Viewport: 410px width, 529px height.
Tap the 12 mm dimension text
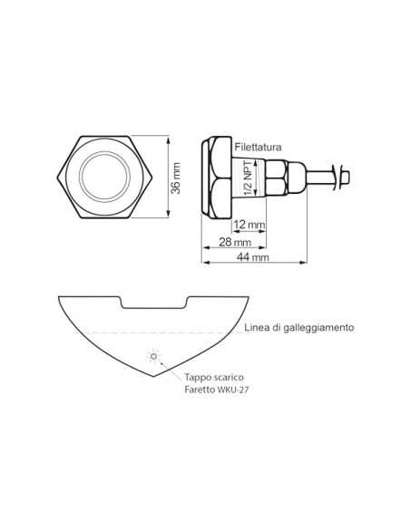click(x=249, y=224)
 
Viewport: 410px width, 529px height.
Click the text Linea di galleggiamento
click(x=298, y=327)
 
